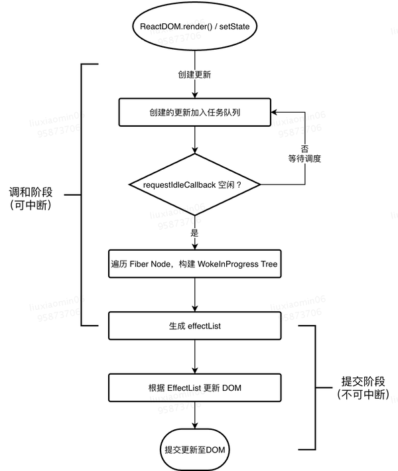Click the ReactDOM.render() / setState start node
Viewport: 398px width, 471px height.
tap(194, 27)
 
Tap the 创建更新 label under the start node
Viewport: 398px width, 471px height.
tap(194, 74)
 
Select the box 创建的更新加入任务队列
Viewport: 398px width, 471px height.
tap(194, 112)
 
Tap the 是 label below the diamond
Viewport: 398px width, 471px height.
tap(194, 233)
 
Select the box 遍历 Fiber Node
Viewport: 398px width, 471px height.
tap(194, 264)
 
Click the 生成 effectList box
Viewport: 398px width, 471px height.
tap(194, 326)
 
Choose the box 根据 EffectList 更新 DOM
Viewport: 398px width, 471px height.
tap(194, 387)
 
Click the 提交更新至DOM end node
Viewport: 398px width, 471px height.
tap(195, 450)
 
